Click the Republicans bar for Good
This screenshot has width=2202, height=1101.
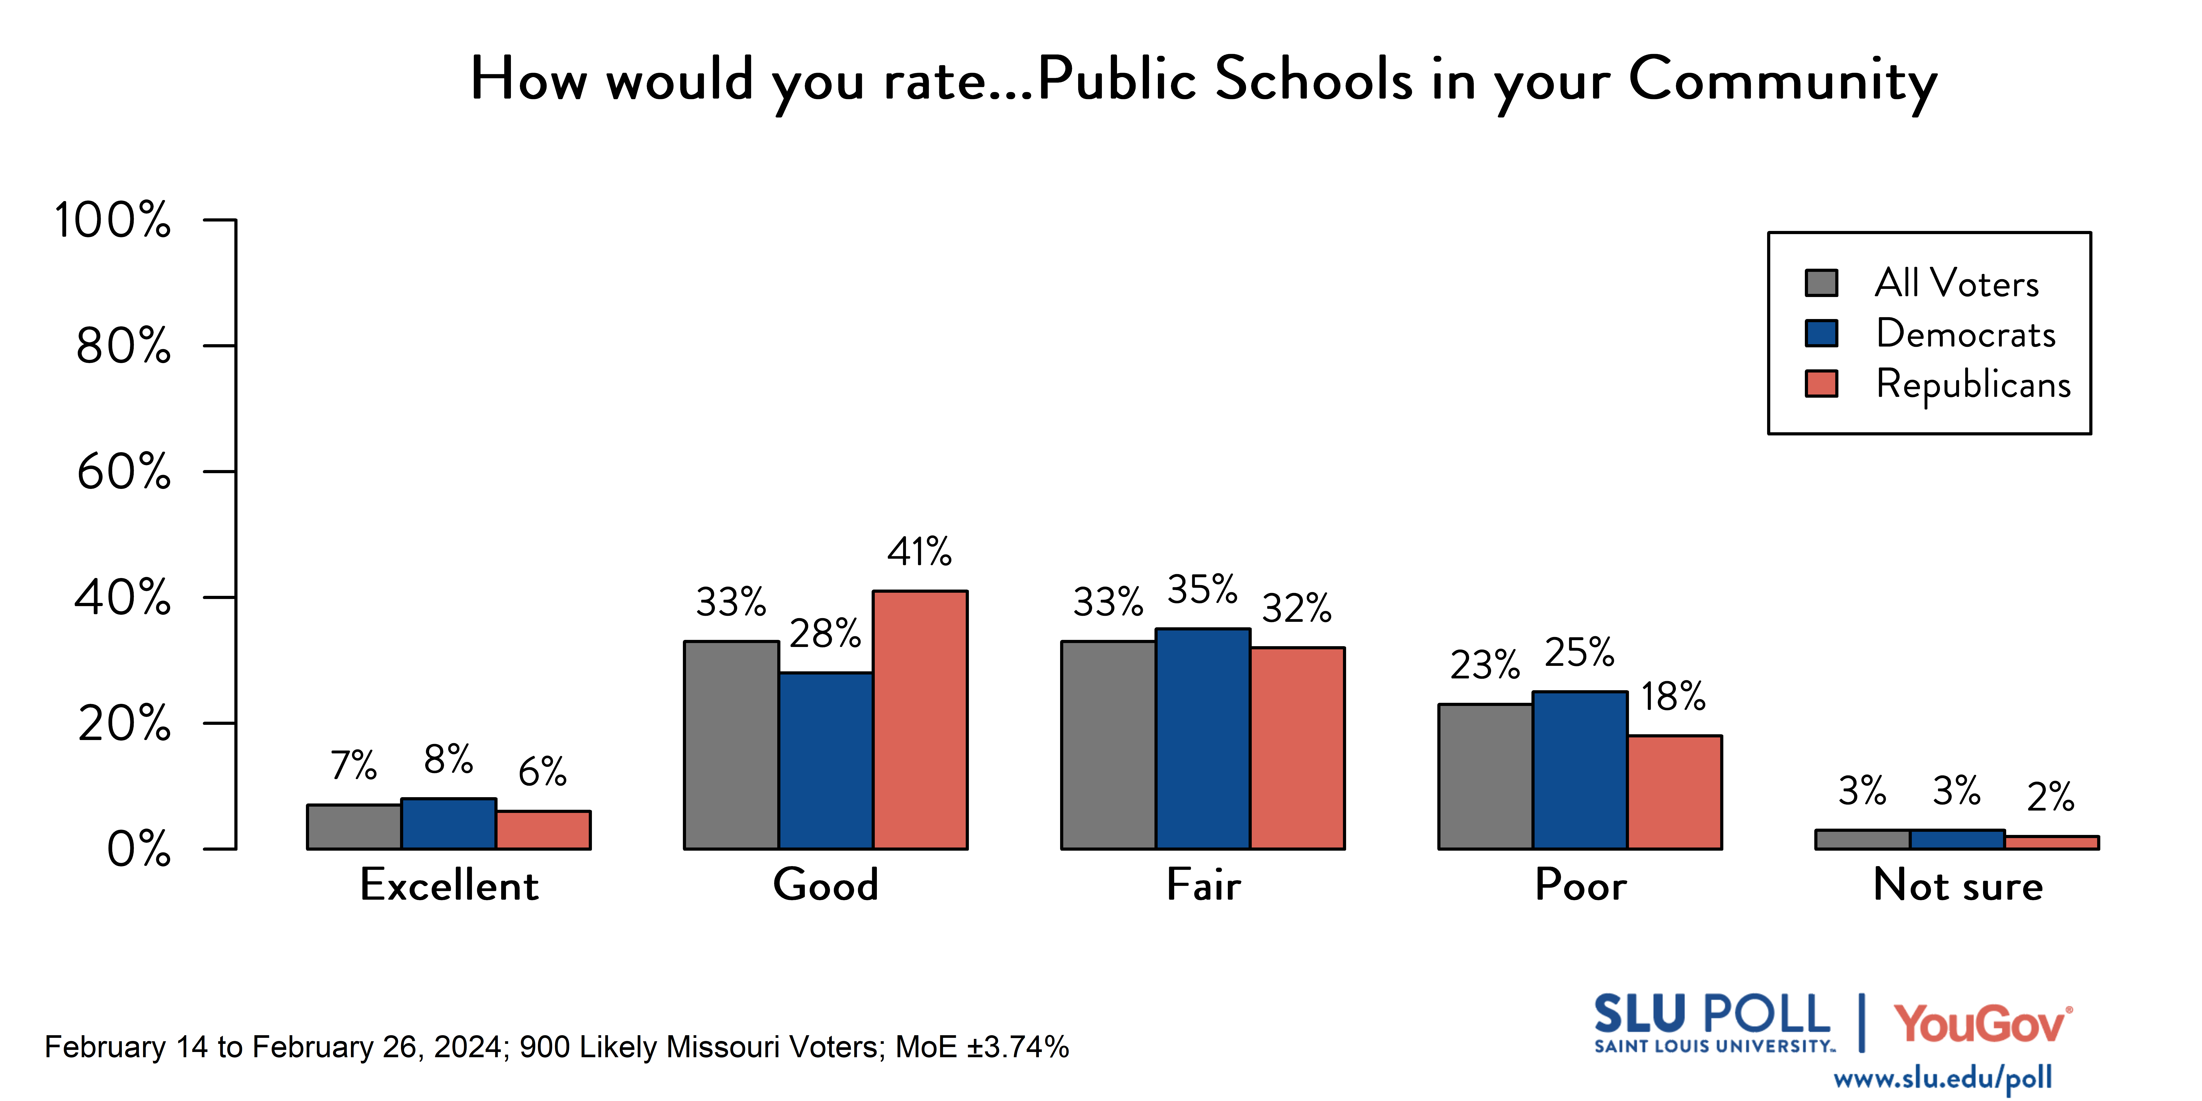pyautogui.click(x=920, y=720)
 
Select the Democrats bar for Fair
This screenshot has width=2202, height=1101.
pyautogui.click(x=1203, y=738)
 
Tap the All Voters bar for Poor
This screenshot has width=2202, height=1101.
pyautogui.click(x=1485, y=776)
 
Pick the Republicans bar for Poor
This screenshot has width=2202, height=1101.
pyautogui.click(x=1674, y=792)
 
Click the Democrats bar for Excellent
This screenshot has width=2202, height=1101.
pyautogui.click(x=449, y=823)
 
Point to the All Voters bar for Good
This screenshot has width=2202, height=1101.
pyautogui.click(x=731, y=744)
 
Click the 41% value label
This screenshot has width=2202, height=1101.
pyautogui.click(x=919, y=551)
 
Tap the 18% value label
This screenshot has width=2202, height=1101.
pyautogui.click(x=1673, y=697)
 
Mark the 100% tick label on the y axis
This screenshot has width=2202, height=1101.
pyautogui.click(x=113, y=220)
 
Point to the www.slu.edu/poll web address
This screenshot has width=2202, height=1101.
pyautogui.click(x=1942, y=1078)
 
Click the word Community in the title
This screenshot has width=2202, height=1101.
pyautogui.click(x=1782, y=79)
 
